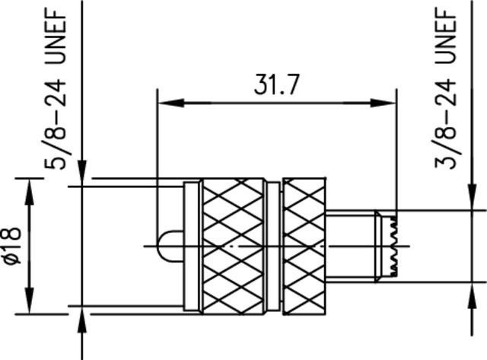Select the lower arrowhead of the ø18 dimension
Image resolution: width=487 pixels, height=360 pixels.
(x=30, y=304)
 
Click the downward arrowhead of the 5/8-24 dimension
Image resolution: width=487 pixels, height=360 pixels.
(x=82, y=177)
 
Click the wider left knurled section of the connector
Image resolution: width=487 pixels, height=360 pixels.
(x=234, y=246)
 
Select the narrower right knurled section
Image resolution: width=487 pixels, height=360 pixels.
(x=304, y=246)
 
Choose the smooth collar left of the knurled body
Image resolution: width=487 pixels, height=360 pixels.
(x=193, y=246)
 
